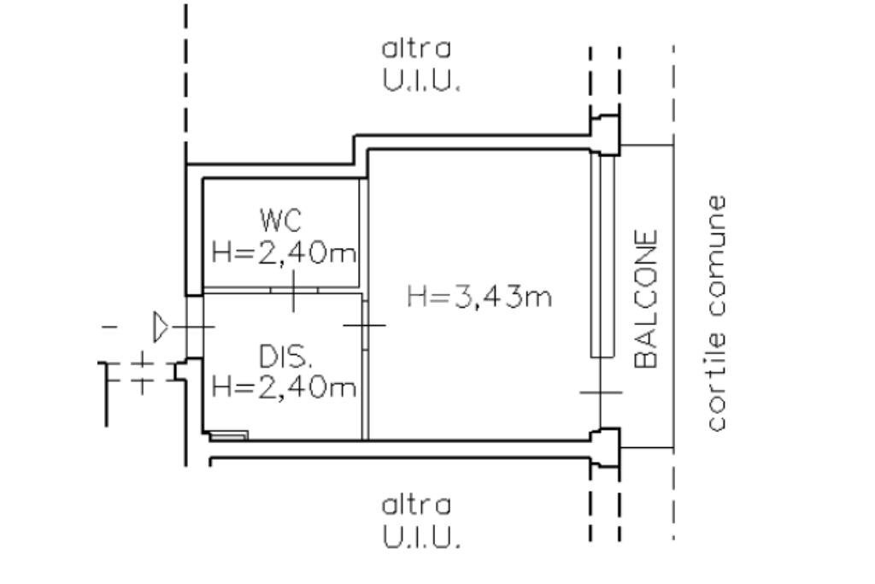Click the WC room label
click(281, 221)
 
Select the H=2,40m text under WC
click(284, 253)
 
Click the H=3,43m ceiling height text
click(479, 298)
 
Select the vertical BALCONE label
click(648, 298)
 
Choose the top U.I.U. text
click(421, 83)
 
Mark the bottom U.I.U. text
click(421, 539)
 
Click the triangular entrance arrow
click(161, 325)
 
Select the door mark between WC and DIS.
click(293, 292)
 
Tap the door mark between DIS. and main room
click(365, 325)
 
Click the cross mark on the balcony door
click(602, 392)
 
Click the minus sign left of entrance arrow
click(109, 327)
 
